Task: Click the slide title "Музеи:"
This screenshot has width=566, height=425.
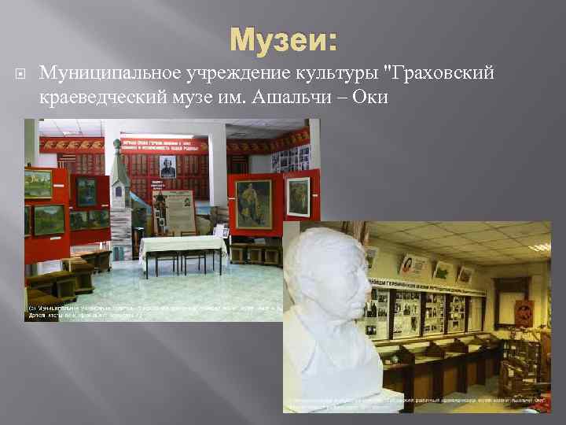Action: (283, 39)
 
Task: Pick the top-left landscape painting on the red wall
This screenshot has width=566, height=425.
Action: (39, 182)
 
